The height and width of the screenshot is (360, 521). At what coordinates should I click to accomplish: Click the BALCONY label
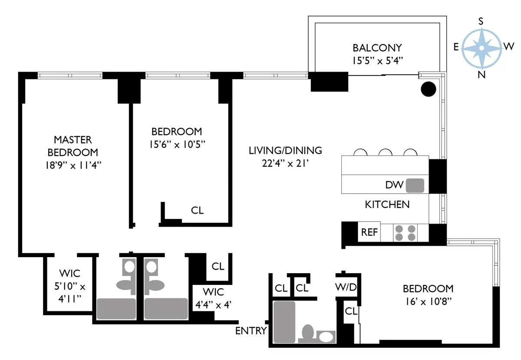tap(377, 47)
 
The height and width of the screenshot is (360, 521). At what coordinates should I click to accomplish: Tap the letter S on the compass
tap(481, 21)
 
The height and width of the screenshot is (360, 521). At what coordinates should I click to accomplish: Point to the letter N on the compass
tap(481, 74)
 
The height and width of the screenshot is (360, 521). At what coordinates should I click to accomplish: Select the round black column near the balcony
tap(428, 89)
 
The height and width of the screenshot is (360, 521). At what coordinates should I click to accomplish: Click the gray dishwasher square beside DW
tap(415, 185)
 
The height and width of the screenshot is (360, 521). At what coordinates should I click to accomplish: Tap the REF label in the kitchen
tap(369, 232)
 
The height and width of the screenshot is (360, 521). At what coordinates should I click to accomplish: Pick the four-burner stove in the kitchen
tap(404, 232)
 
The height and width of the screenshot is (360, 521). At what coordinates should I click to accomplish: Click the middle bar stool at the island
tap(385, 152)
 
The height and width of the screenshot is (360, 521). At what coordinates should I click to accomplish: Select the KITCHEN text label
tap(387, 205)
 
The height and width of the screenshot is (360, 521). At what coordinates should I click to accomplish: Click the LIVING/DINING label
tap(285, 151)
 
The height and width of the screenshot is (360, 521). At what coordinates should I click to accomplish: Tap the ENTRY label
tap(251, 331)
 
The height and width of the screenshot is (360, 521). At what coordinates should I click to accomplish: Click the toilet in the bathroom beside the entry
tap(308, 333)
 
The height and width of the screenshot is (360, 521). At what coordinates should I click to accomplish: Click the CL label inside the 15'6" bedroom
tap(197, 211)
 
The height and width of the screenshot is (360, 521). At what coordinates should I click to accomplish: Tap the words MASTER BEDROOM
tap(73, 146)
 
